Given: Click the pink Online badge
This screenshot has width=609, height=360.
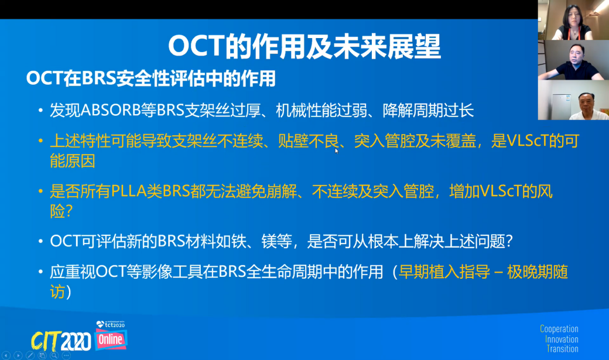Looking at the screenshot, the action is pyautogui.click(x=111, y=340).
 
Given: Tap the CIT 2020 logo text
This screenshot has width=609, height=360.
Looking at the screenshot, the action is pyautogui.click(x=61, y=341).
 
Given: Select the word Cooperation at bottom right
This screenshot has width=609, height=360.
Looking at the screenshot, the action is pyautogui.click(x=559, y=329).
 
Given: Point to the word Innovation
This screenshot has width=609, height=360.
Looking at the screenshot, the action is pyautogui.click(x=562, y=339).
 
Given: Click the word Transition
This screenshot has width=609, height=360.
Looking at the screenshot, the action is pyautogui.click(x=562, y=349).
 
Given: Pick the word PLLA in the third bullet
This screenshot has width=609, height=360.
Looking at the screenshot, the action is pyautogui.click(x=129, y=191).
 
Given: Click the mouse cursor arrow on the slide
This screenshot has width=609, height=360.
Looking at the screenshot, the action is pyautogui.click(x=337, y=151).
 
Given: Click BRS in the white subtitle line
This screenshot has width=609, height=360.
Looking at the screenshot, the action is pyautogui.click(x=99, y=78).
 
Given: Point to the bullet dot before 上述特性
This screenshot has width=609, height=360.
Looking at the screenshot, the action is pyautogui.click(x=40, y=140).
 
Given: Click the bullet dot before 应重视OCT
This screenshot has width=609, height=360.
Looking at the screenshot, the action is pyautogui.click(x=40, y=272).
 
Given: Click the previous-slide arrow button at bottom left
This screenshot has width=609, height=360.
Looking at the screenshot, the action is pyautogui.click(x=6, y=355).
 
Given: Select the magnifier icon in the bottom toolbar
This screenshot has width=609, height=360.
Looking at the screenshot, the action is pyautogui.click(x=54, y=355).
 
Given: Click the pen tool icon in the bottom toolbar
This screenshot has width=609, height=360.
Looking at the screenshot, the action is pyautogui.click(x=30, y=355).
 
